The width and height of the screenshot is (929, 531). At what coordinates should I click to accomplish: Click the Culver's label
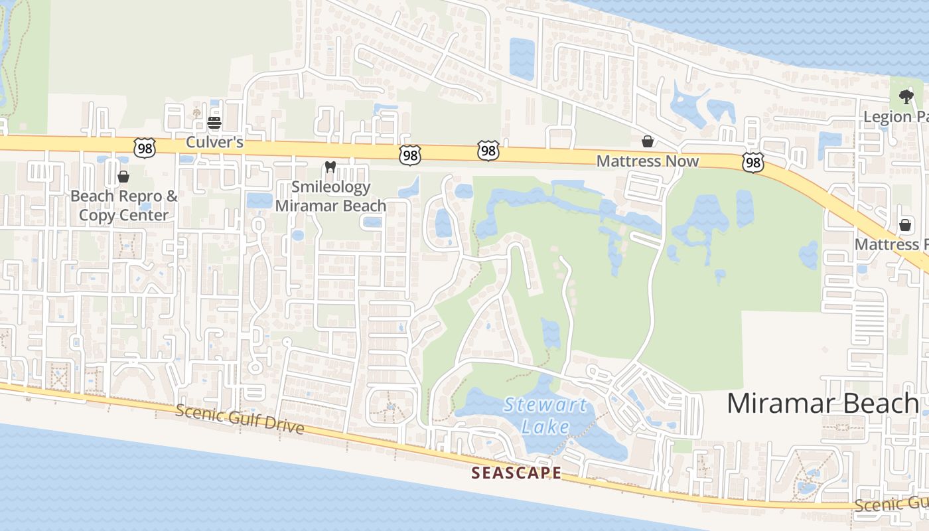coord(214,142)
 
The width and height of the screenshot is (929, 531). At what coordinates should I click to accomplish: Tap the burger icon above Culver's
coord(214,123)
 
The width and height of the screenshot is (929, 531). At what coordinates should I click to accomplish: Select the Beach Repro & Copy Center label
coord(124,206)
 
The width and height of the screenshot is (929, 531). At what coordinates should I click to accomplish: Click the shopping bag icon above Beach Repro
coord(123,177)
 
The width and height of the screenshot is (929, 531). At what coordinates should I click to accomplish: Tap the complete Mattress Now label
coord(647,161)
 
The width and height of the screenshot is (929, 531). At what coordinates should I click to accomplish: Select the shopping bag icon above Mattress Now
coord(647,141)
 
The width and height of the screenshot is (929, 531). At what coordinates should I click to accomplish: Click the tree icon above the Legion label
coord(906,97)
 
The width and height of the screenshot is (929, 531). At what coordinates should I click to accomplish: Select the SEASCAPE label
coord(516,473)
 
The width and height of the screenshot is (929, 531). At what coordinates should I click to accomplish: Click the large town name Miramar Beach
coord(823,403)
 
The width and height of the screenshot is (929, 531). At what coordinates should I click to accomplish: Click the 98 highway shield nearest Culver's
coord(144,148)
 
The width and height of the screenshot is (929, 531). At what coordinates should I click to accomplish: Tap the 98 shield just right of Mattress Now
coord(753,163)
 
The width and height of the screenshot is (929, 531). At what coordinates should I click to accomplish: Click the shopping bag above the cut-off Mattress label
coord(904,225)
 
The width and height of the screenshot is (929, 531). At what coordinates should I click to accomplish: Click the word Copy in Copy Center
coord(95,216)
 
